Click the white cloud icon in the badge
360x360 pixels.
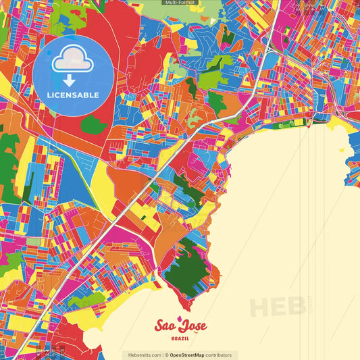pos(73,61)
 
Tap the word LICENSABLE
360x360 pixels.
pos(73,95)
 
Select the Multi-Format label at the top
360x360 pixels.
pos(180,3)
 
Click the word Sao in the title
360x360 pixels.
pos(165,326)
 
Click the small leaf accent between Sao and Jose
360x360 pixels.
pos(179,319)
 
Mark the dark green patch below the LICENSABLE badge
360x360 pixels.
pos(93,124)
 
